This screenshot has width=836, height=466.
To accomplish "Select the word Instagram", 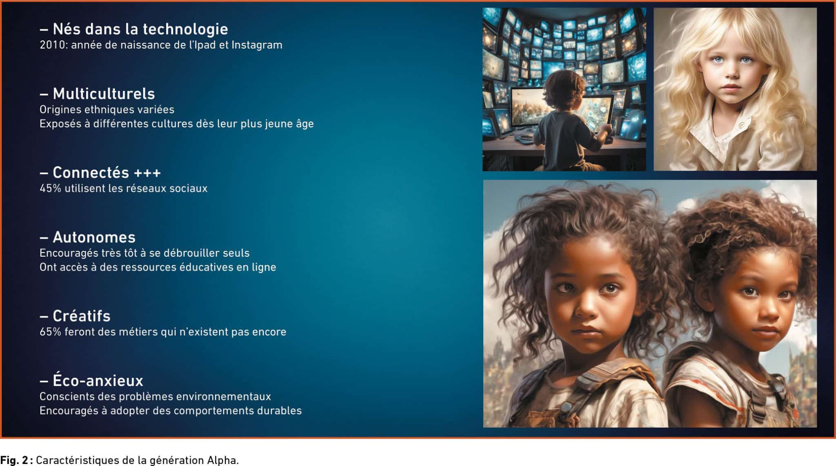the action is pos(257,45).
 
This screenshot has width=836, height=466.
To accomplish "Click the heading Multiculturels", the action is pos(104,94).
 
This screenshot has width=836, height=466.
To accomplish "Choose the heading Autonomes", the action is pos(94,237).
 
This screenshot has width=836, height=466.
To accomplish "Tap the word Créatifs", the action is pos(82,316).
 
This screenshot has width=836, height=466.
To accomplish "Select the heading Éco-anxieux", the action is pos(98,380).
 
